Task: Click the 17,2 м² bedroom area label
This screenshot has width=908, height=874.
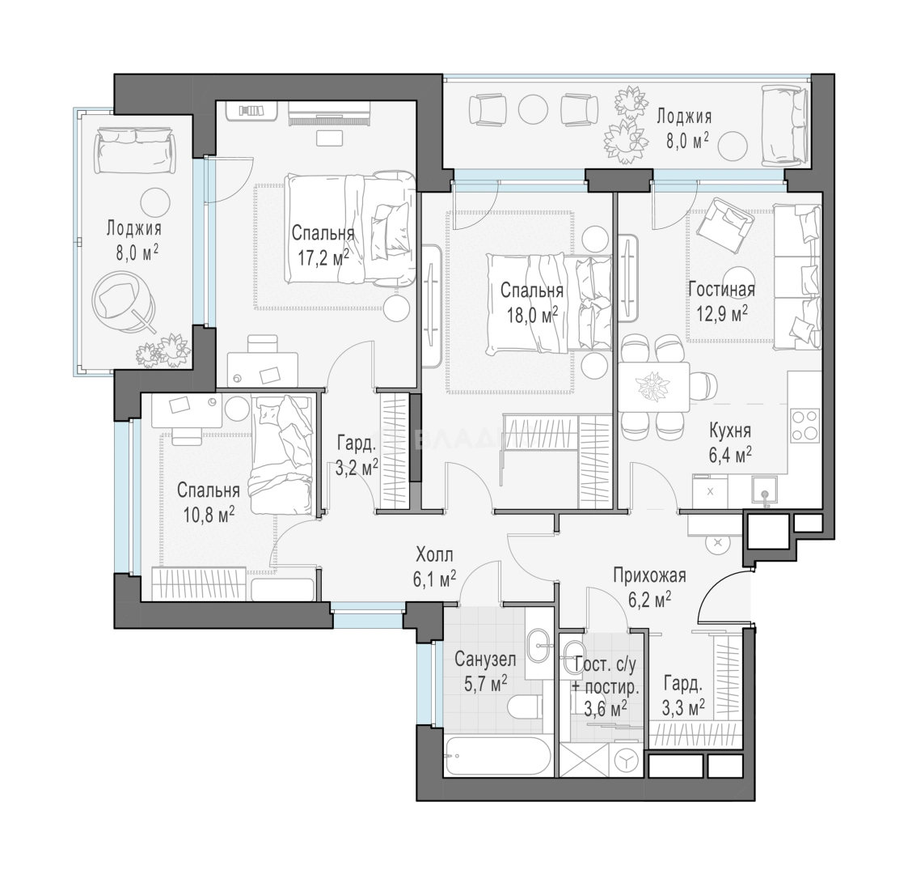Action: (323, 257)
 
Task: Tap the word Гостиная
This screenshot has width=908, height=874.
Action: (721, 289)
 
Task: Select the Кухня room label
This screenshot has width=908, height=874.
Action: (730, 431)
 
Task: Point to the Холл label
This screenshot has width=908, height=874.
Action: (434, 554)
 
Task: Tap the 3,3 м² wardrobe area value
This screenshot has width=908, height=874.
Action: (683, 706)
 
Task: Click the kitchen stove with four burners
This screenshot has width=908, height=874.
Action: (805, 426)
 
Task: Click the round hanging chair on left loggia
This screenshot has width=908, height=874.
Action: (124, 303)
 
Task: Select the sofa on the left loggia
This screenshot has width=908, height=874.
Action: (135, 151)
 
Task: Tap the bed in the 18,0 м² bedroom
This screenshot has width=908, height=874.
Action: (549, 303)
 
